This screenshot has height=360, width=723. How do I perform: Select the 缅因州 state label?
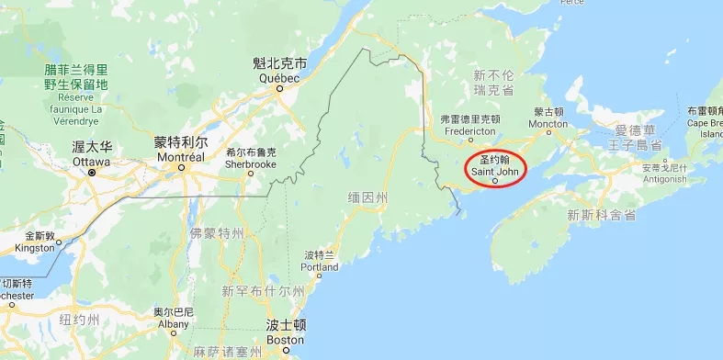click(x=368, y=197)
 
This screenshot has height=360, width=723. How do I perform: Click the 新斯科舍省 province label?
click(x=602, y=216)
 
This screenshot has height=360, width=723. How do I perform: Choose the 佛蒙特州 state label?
click(x=218, y=232)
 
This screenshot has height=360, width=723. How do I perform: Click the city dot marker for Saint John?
click(x=495, y=181)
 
